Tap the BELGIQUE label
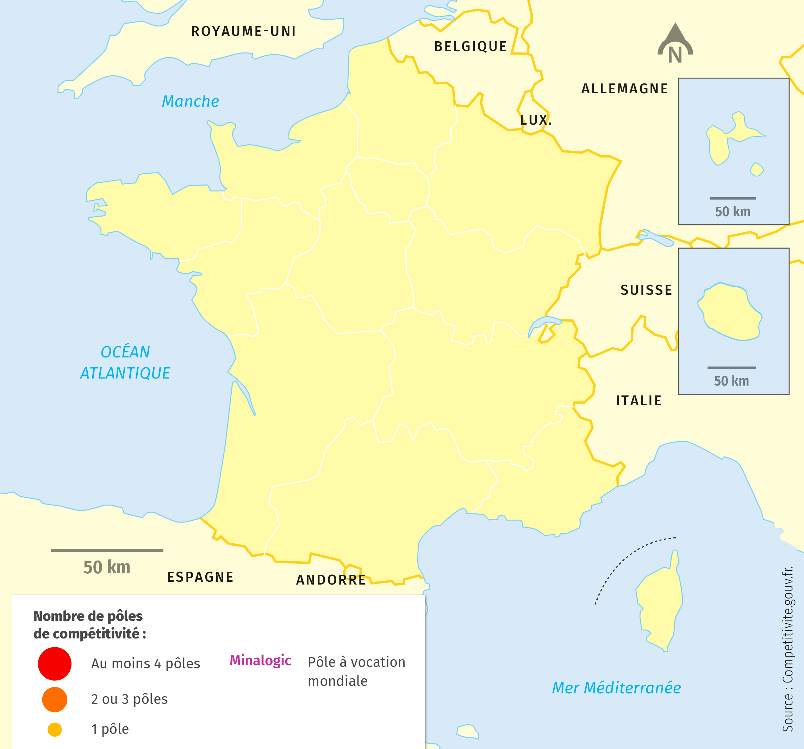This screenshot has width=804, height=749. pos(470,46)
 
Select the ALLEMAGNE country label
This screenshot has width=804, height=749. pos(624,89)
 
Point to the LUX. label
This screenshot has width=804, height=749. pos(535,120)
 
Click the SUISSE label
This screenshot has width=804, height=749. pos(646,290)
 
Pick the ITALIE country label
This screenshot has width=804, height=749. pos(639,400)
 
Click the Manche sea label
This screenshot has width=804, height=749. pos(190,101)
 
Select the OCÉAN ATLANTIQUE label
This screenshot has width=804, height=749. pos(125,362)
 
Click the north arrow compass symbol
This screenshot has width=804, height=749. pos(675,44)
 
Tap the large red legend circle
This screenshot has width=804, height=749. pos(55,664)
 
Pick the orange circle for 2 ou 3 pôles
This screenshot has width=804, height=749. pos(55,699)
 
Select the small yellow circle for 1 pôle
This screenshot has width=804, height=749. pos(55,730)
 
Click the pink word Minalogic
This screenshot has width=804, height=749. pos(260,660)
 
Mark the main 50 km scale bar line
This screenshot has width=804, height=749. pos(107,550)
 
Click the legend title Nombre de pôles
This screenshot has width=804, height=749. pos(88,616)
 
